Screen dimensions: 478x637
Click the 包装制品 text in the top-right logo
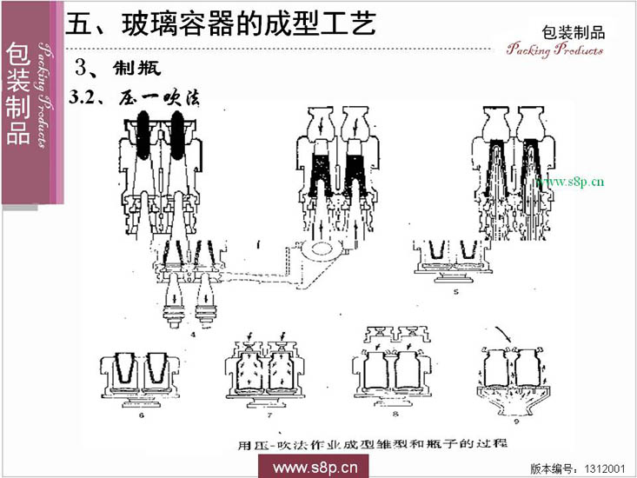point(573,32)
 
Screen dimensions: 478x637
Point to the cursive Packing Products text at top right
point(555,50)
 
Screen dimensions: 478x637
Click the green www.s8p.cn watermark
point(569,183)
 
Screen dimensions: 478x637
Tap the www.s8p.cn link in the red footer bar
point(316,468)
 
